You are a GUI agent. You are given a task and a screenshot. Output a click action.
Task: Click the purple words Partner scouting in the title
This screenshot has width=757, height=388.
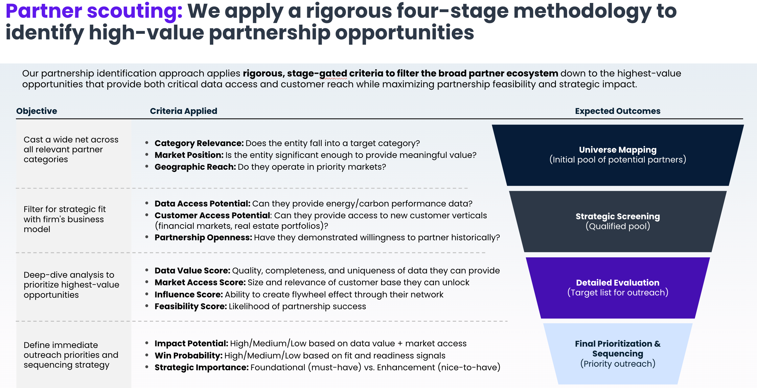(94, 11)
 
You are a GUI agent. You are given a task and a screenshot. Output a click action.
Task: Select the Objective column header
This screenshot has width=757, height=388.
(36, 111)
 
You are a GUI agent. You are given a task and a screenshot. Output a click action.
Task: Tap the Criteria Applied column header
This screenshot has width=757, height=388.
(183, 111)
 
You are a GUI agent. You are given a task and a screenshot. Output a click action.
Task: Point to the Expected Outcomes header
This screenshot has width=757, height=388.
(617, 111)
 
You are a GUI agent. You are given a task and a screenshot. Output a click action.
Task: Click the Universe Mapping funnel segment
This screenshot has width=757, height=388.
(617, 155)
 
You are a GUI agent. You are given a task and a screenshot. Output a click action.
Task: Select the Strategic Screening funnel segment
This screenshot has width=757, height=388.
(617, 221)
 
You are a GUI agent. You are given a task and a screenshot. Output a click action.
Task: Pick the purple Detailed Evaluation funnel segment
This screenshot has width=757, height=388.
(617, 288)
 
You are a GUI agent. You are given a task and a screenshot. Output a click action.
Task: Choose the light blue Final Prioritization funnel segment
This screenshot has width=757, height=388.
(617, 354)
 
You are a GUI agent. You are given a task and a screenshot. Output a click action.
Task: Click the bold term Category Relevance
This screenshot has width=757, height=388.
(199, 143)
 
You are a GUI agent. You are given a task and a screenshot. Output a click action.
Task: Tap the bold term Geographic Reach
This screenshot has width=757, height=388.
(195, 167)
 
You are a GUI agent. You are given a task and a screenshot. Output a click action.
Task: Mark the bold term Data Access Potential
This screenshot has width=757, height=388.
(202, 204)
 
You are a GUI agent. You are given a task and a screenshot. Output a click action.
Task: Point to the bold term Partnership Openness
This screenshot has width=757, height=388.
(203, 238)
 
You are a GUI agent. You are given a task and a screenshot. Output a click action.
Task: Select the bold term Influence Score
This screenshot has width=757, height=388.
(189, 295)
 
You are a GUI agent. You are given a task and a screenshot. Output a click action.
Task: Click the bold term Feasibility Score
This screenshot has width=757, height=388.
(191, 307)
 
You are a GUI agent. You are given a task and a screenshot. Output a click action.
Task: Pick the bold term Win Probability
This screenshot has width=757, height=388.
(189, 356)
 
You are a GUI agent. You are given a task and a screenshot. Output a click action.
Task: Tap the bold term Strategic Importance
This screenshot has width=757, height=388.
(201, 368)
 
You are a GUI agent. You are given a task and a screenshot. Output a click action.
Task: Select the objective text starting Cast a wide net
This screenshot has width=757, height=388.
(71, 149)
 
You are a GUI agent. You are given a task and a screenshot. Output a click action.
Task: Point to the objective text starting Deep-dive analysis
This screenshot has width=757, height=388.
(71, 285)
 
